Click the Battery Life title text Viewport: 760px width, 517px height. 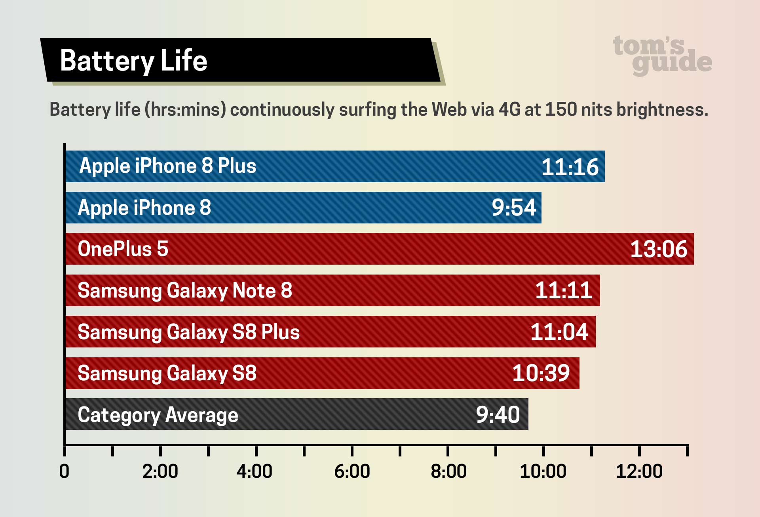tap(133, 61)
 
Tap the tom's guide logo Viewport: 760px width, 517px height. tap(662, 55)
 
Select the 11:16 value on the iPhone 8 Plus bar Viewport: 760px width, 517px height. tap(570, 167)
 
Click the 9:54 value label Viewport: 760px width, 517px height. tap(514, 208)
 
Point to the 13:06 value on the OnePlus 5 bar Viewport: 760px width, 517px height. tap(658, 249)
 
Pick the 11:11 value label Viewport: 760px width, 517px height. tap(563, 290)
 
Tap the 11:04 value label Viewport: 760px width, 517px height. tap(559, 332)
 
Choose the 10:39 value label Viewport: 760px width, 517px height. tap(541, 373)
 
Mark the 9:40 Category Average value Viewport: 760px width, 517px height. tap(498, 415)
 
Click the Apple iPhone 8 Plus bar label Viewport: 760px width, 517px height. tap(167, 166)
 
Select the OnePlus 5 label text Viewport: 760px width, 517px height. tap(123, 249)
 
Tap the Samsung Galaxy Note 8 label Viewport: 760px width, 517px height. tap(185, 290)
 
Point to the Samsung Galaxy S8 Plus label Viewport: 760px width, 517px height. tap(188, 332)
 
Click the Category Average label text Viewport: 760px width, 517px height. tap(158, 415)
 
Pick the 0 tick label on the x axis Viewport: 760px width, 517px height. tap(64, 471)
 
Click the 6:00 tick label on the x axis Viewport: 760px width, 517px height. tap(352, 471)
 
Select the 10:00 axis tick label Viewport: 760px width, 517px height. tap(543, 471)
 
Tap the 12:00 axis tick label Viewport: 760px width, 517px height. tap(639, 471)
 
